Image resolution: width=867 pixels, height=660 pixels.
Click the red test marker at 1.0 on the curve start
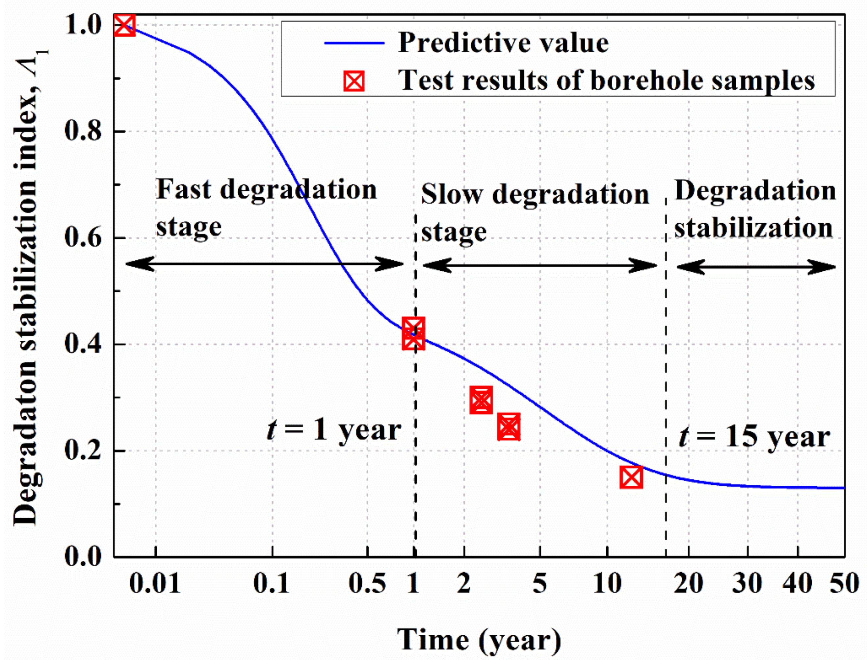pos(124,25)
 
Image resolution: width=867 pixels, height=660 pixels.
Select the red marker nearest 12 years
pos(631,477)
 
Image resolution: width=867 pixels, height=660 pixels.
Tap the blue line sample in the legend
pos(354,43)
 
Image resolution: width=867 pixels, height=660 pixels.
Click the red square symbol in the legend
pos(354,81)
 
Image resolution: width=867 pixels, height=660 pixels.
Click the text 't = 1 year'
pos(334,430)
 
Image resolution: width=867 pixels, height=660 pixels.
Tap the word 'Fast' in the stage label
pos(184,189)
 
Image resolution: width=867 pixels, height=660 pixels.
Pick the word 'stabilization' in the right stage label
pos(753,228)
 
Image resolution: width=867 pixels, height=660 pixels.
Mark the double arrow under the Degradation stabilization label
pos(756,267)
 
